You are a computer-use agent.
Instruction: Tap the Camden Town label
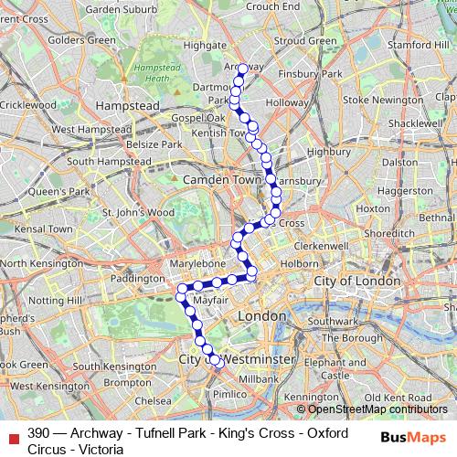pos(222,180)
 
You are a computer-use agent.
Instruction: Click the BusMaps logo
pos(412,436)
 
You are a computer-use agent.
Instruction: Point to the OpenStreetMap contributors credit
pos(371,409)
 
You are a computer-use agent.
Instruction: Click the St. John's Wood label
pos(137,212)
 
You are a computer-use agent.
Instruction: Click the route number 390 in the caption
pos(38,432)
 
